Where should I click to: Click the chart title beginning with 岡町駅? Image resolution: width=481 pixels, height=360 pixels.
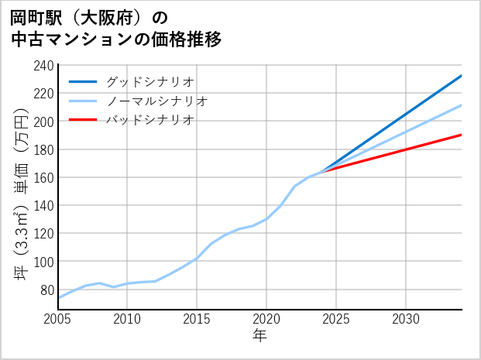116,28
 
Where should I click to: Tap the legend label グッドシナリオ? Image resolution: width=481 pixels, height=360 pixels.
149,81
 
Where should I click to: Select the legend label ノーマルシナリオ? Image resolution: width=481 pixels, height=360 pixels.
156,101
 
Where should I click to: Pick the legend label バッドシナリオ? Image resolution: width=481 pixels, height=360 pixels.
149,120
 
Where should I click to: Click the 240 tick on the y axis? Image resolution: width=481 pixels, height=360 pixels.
43,65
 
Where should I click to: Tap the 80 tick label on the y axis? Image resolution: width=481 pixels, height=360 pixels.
46,290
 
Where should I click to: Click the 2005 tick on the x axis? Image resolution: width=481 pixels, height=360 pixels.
57,319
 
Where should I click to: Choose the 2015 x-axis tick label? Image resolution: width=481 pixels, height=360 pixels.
197,319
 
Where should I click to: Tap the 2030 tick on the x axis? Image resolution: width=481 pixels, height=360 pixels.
406,319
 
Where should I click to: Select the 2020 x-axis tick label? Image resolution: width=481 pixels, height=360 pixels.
266,319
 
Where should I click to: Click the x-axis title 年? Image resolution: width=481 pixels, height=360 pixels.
259,336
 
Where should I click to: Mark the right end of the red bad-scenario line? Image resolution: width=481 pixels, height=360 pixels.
462,135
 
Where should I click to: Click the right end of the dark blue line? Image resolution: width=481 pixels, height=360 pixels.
462,76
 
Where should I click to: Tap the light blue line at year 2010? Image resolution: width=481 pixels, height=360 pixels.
127,283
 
